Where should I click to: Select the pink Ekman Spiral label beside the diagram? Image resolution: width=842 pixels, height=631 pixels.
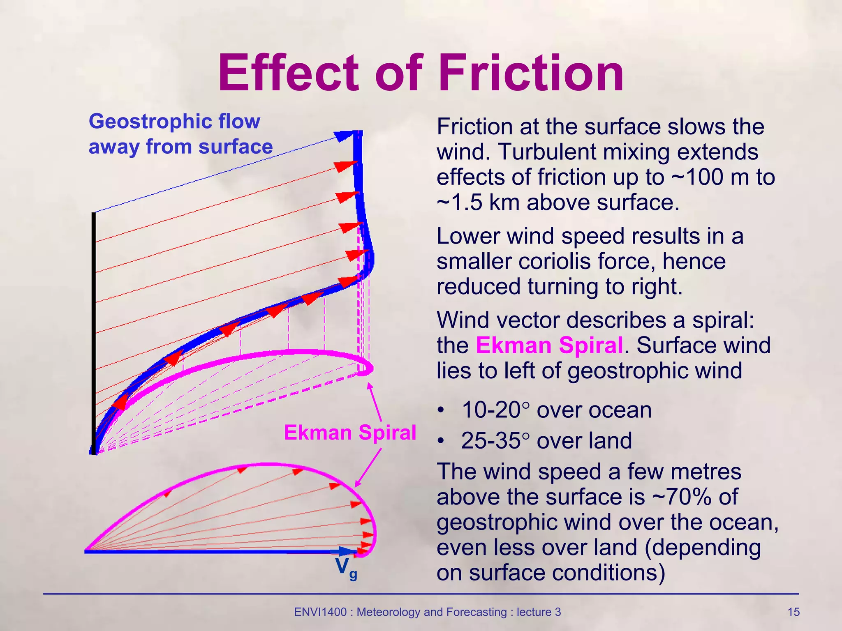(350, 433)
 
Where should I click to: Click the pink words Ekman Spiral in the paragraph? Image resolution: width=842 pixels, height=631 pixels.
(549, 345)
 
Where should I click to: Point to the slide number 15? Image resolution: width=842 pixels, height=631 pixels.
(793, 612)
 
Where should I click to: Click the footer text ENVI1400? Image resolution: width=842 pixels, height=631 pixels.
(320, 612)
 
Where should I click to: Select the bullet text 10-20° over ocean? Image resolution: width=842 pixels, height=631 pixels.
(557, 410)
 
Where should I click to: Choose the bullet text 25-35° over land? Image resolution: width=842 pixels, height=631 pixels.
(546, 441)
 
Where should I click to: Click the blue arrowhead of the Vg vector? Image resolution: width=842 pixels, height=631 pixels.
(348, 551)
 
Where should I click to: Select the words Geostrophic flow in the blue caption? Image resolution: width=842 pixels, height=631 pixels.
(174, 121)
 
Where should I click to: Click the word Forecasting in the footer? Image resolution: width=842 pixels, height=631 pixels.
(477, 612)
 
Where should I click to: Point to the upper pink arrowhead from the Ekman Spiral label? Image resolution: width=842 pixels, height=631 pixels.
(369, 386)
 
